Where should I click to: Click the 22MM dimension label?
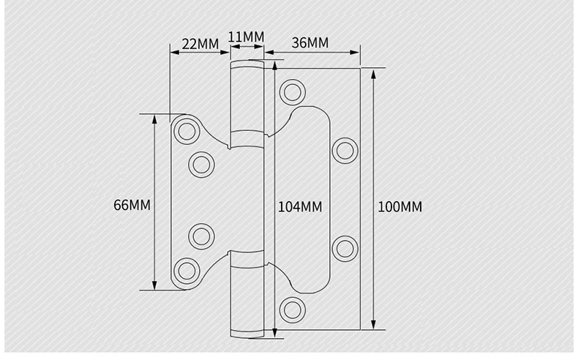click(x=200, y=44)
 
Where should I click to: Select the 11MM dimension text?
click(x=246, y=37)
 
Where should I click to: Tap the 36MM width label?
click(x=310, y=42)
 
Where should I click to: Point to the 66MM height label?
click(x=132, y=205)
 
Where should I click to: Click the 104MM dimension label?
click(x=300, y=207)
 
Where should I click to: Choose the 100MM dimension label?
click(x=400, y=207)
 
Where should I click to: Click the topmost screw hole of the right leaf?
click(x=293, y=92)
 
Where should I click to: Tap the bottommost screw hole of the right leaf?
click(x=293, y=310)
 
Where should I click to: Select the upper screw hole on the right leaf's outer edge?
click(x=345, y=151)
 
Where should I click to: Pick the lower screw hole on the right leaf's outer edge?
click(x=345, y=249)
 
